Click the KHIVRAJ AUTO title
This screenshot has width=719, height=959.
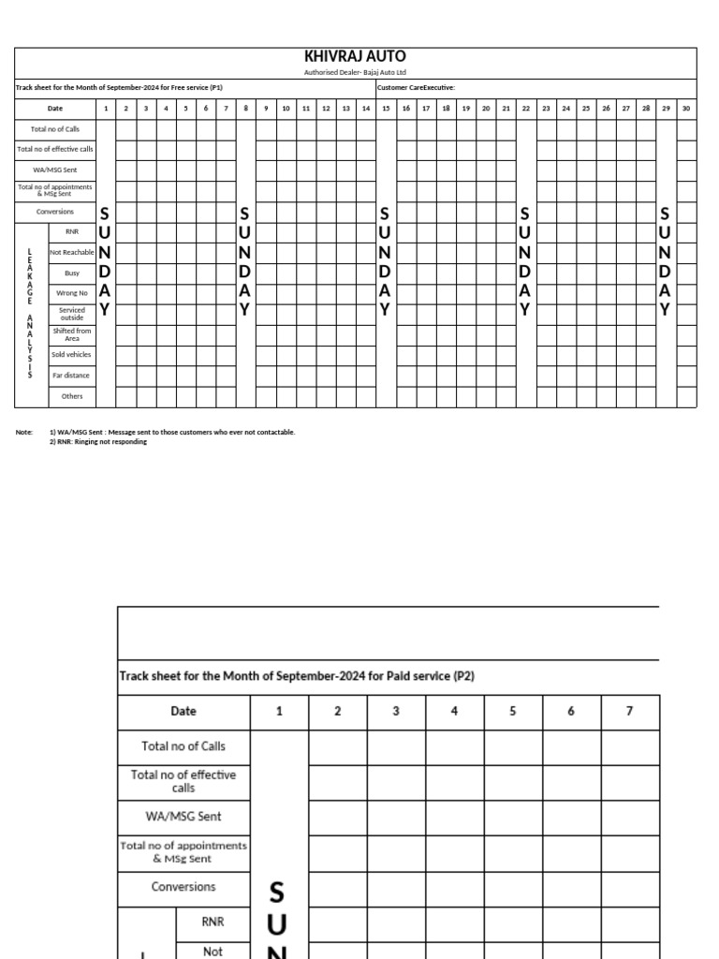(x=355, y=57)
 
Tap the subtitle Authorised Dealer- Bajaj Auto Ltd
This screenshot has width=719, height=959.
(x=355, y=72)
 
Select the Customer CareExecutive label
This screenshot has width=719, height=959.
(x=416, y=88)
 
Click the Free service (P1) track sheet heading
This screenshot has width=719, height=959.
(x=119, y=88)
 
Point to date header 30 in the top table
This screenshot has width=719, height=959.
(x=686, y=109)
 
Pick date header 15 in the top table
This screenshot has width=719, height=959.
(x=386, y=109)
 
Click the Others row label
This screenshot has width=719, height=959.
(x=72, y=396)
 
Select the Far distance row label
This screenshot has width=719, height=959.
(x=72, y=376)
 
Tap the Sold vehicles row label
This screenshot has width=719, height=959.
(x=72, y=355)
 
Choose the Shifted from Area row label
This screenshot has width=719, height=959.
(x=72, y=334)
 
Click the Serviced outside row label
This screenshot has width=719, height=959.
(x=72, y=314)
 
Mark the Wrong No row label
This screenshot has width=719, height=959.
(x=72, y=293)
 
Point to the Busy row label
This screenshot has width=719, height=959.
(x=72, y=273)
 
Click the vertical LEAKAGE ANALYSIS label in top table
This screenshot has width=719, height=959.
(x=30, y=314)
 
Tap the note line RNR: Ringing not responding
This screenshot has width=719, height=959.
(x=98, y=442)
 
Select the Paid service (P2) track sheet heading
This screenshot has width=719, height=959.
(x=297, y=675)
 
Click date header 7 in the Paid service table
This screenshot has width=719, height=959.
(x=629, y=712)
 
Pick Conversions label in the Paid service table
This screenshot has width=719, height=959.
(x=183, y=887)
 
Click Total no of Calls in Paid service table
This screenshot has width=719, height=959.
(x=183, y=746)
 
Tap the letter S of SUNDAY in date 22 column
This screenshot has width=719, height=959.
(x=525, y=214)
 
